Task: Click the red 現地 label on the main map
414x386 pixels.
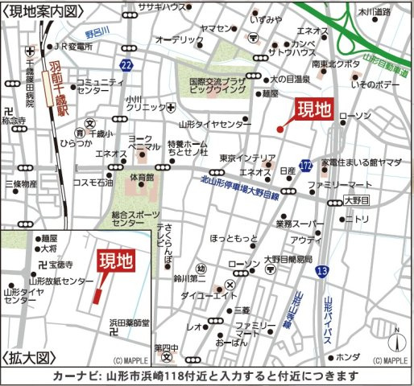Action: pyautogui.click(x=313, y=111)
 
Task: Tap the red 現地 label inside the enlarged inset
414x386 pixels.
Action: pyautogui.click(x=116, y=261)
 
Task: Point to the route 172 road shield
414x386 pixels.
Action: pyautogui.click(x=306, y=165)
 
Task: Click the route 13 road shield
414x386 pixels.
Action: pyautogui.click(x=322, y=273)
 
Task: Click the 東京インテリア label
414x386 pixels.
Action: pyautogui.click(x=247, y=158)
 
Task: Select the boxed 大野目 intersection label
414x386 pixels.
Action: pyautogui.click(x=354, y=200)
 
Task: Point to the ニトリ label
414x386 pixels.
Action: pyautogui.click(x=356, y=219)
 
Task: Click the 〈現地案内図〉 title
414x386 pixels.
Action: pyautogui.click(x=43, y=11)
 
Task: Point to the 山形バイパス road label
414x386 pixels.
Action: pyautogui.click(x=328, y=322)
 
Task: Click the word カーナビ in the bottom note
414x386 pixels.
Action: pyautogui.click(x=74, y=376)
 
